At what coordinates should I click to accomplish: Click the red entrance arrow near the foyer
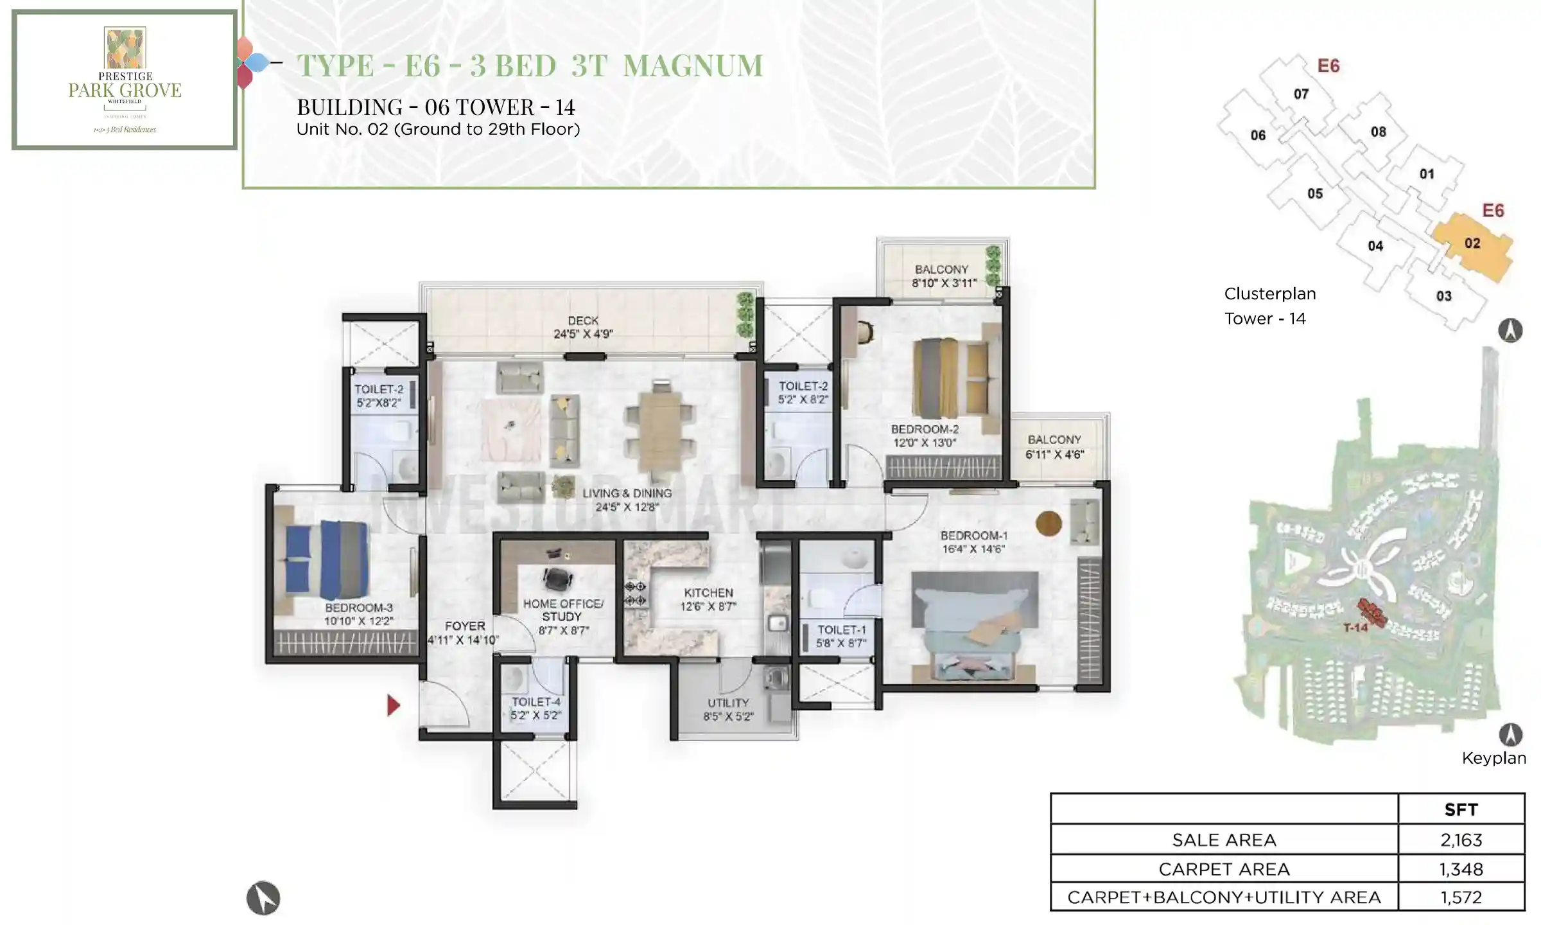tap(394, 705)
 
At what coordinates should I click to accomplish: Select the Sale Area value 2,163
tap(1461, 840)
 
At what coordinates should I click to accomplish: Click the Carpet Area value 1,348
tap(1461, 869)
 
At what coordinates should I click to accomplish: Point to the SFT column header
tap(1461, 809)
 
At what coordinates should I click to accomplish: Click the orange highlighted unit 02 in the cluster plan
tap(1473, 244)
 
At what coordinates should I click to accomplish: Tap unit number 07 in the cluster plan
tap(1301, 94)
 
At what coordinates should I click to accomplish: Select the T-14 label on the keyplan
tap(1355, 628)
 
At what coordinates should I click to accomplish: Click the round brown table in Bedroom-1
tap(1049, 524)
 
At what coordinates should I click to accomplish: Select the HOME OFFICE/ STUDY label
tap(562, 610)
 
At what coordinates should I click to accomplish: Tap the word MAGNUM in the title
tap(693, 66)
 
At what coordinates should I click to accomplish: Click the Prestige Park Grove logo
tap(125, 78)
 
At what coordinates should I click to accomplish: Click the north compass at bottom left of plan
tap(263, 898)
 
